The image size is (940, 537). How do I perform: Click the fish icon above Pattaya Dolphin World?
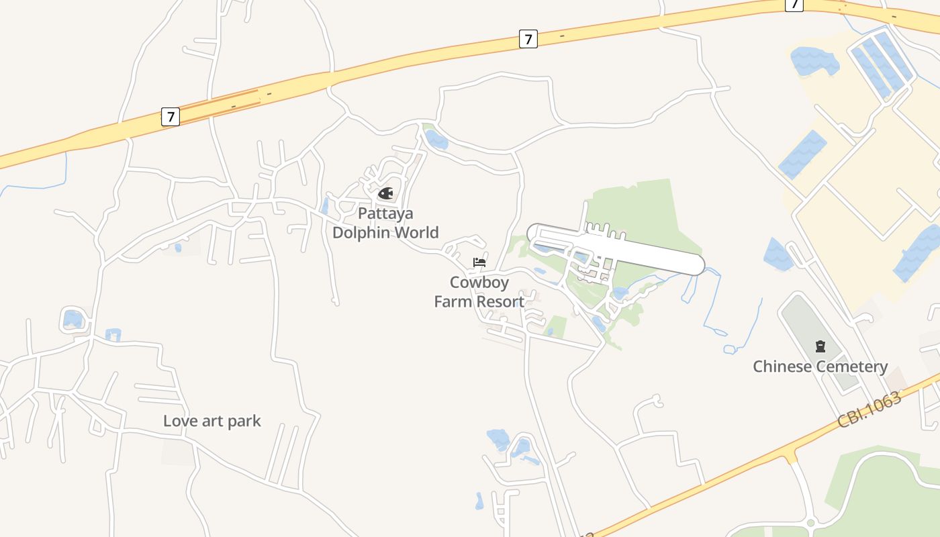click(385, 194)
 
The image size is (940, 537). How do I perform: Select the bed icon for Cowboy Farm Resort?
click(479, 262)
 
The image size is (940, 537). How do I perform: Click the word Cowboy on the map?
click(479, 283)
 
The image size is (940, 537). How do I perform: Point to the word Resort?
click(500, 301)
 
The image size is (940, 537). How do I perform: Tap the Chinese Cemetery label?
click(820, 367)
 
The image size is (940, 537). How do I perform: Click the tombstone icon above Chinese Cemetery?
click(820, 346)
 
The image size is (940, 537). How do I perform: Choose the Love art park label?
click(212, 421)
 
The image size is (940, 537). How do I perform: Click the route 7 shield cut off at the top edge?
click(794, 4)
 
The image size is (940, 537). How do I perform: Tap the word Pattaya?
click(385, 213)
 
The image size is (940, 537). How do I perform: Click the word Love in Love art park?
click(181, 421)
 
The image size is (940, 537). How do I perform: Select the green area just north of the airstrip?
click(645, 208)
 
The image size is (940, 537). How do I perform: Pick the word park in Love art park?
click(244, 422)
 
